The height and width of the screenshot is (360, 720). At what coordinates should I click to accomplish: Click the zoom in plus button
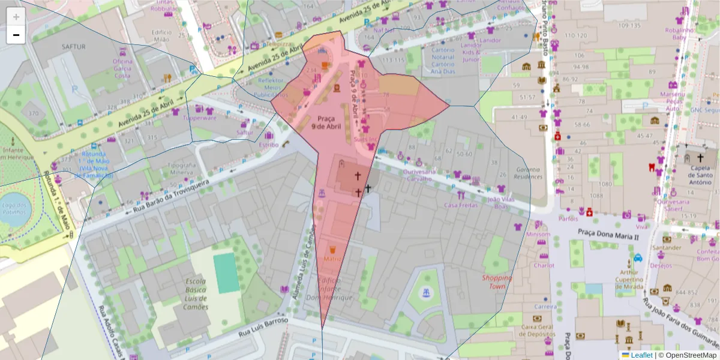click(x=16, y=17)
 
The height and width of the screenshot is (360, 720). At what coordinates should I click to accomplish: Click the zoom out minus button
click(x=16, y=35)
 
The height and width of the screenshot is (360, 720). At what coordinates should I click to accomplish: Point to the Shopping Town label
click(x=497, y=282)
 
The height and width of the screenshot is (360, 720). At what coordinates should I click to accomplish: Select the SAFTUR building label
click(x=74, y=46)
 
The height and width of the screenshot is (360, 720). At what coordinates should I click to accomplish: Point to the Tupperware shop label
click(x=200, y=118)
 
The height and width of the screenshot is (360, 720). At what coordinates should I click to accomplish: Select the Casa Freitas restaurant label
click(x=460, y=205)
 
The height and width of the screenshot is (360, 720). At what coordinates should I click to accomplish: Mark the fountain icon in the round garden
click(x=426, y=293)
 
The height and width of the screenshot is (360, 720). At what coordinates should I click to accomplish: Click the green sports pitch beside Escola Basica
click(x=226, y=273)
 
